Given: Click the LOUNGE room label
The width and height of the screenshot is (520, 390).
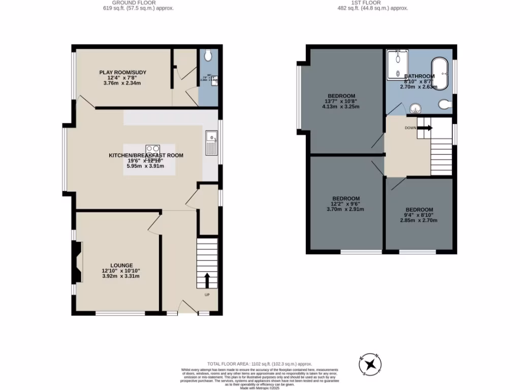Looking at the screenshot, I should coord(120,265).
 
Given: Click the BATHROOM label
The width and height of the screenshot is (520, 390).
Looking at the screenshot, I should coord(419,76).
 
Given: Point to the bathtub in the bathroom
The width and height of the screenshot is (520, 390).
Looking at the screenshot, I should coord(439,74).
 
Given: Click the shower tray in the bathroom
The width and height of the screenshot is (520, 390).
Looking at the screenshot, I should coord(397,64).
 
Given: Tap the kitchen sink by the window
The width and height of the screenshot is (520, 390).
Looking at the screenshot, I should coord(211,142).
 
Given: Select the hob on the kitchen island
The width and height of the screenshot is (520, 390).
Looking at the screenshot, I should coord(152,151).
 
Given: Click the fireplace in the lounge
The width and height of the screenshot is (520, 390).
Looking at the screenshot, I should coord(77,262).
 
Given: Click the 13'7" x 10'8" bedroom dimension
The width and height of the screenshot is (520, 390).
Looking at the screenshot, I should coord(341,101).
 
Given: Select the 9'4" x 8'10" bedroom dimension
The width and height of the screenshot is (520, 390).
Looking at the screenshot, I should coord(419,215).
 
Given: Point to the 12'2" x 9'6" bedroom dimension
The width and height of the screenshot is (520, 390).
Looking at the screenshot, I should coord(346,204).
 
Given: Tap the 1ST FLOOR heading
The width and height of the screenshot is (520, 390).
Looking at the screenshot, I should coord(373,3).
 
